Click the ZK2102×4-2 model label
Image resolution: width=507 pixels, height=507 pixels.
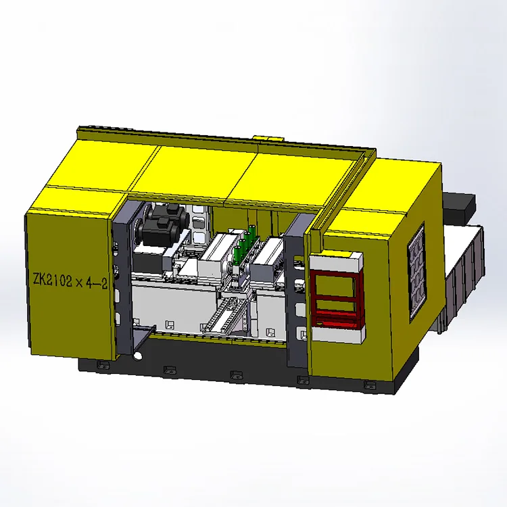pos(70,280)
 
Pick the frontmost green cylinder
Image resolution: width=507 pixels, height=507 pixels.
pos(237,254)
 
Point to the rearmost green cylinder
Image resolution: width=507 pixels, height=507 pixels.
pos(253,231)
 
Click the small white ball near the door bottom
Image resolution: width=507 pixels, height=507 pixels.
pos(137,356)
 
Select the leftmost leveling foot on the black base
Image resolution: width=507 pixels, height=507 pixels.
pos(103,365)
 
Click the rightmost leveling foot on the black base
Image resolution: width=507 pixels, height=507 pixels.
pos(370,385)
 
